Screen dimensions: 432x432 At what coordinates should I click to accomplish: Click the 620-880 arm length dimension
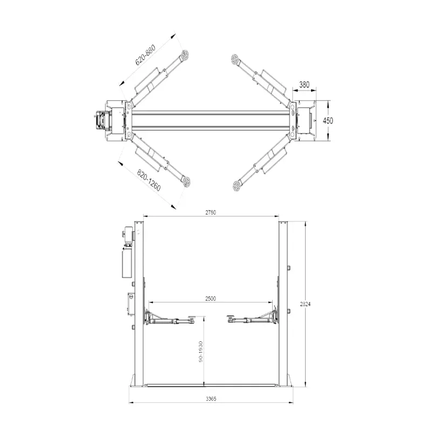click(145, 55)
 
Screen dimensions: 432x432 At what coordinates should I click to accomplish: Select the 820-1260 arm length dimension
click(148, 180)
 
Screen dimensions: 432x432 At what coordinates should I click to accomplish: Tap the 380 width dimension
click(304, 85)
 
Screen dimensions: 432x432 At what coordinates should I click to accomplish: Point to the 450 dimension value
click(328, 120)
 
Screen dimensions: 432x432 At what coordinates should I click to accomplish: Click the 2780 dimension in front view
click(211, 212)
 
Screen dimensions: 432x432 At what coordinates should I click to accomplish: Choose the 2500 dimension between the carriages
click(211, 299)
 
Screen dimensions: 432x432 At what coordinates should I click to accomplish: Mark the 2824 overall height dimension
click(305, 304)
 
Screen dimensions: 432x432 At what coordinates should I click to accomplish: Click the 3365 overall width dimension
click(211, 399)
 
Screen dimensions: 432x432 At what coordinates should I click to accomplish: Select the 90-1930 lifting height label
click(200, 352)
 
